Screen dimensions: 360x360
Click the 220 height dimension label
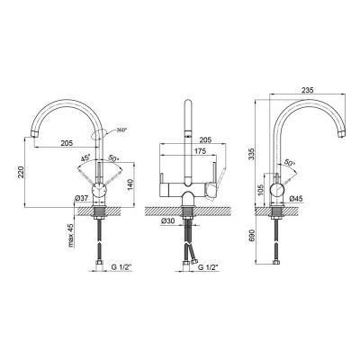tap(21, 172)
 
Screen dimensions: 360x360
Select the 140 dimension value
tap(130, 184)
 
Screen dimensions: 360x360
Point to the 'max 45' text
tap(71, 235)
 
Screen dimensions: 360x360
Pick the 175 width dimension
tap(200, 151)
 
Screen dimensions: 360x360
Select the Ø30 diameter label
tap(167, 220)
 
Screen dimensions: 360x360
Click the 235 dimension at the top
tap(307, 90)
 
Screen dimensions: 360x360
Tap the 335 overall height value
tap(252, 153)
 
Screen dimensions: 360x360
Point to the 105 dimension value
tap(261, 190)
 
